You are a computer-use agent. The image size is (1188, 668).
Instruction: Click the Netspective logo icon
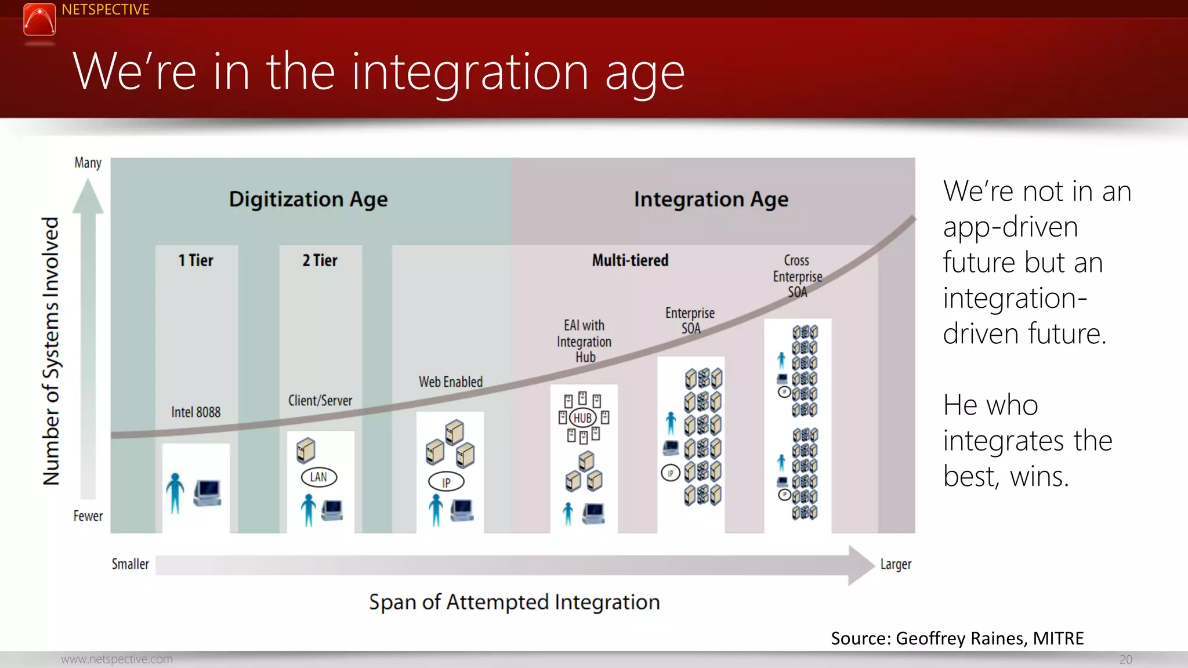coord(39,19)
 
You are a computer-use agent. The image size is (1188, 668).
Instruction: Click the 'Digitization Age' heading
coord(308,199)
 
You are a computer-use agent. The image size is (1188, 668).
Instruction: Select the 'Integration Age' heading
coord(711,199)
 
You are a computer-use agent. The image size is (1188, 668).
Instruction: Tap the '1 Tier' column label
coord(195,260)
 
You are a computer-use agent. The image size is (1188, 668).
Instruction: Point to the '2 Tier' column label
coord(320,260)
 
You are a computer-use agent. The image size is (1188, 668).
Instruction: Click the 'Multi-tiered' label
coord(630,260)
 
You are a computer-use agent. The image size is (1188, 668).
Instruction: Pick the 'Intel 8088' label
coord(195,412)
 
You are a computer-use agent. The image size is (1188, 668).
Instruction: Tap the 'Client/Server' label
coord(320,401)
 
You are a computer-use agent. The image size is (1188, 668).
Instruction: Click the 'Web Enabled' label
coord(450,382)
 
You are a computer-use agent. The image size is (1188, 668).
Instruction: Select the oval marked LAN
coord(318,477)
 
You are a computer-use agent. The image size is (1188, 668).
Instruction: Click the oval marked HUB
coord(582,418)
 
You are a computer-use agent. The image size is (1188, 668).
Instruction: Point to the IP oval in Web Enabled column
coord(446,482)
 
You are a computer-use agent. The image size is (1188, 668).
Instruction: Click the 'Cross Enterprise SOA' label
coord(797,276)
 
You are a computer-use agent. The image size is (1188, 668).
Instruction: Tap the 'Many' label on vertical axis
coord(88,163)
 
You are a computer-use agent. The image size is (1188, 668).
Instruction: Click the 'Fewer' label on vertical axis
coord(88,516)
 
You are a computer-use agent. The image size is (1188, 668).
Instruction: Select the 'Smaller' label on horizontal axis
coord(130,564)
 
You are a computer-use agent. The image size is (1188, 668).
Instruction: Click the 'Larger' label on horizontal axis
coord(895,564)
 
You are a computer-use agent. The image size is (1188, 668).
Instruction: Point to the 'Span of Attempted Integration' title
coord(514,602)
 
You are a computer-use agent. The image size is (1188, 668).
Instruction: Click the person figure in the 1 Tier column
coord(175,493)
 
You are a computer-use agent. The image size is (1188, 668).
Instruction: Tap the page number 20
coord(1125,659)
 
